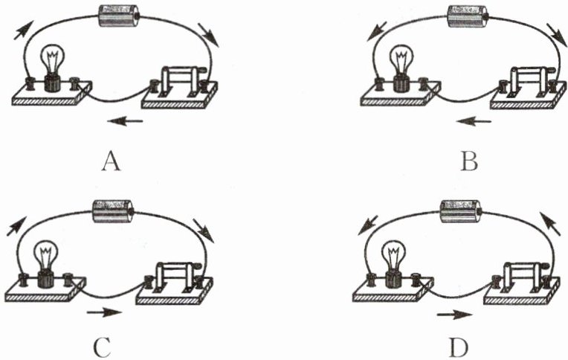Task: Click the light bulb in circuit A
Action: [x=51, y=63]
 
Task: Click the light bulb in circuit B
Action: [x=401, y=63]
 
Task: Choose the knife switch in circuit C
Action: [x=175, y=275]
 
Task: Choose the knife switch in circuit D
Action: [x=523, y=275]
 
